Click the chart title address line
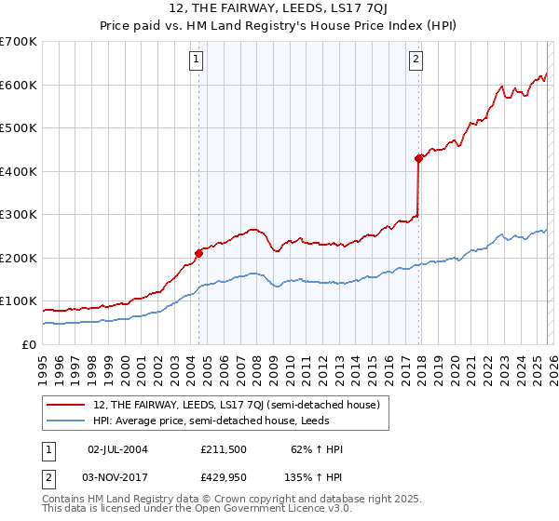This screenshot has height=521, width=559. coord(279,8)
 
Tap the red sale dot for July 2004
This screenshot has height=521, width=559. coord(198,252)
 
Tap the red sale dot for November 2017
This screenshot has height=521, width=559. coord(418,158)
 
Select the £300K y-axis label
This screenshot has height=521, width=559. coord(19,215)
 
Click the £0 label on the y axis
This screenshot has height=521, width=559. coord(29,344)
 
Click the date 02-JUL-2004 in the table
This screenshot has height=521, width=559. coord(117,449)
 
